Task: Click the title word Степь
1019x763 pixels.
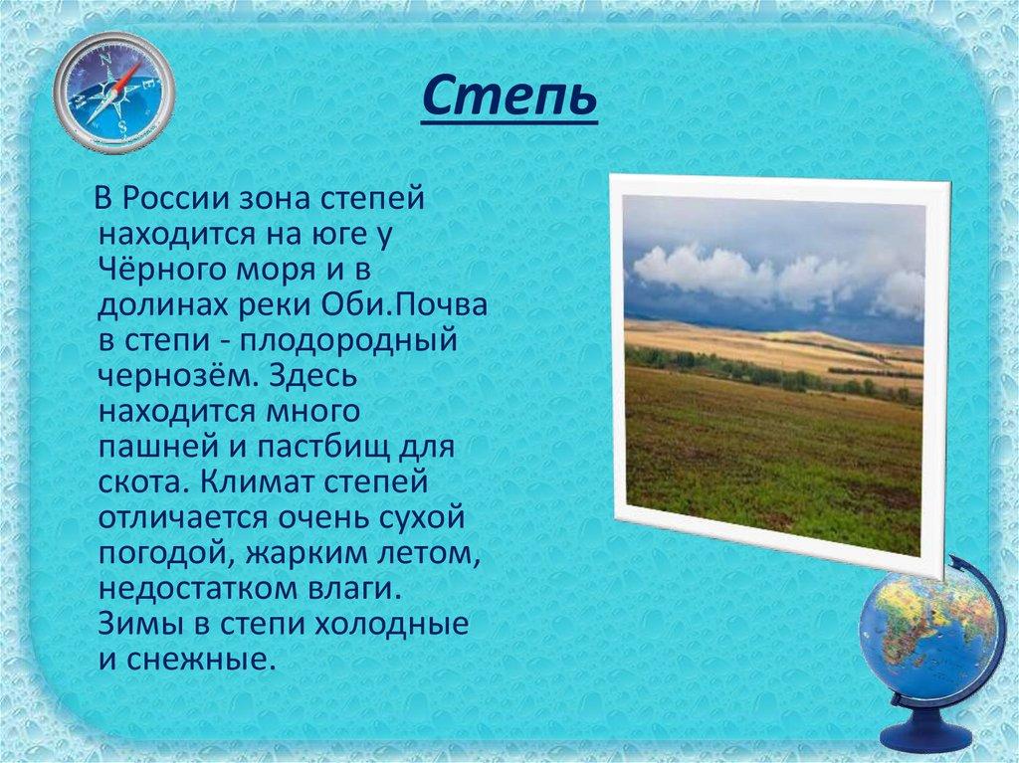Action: click(509, 96)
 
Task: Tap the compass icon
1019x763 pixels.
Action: click(114, 93)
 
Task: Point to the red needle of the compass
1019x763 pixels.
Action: click(128, 78)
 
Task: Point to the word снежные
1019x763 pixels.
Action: click(196, 660)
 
